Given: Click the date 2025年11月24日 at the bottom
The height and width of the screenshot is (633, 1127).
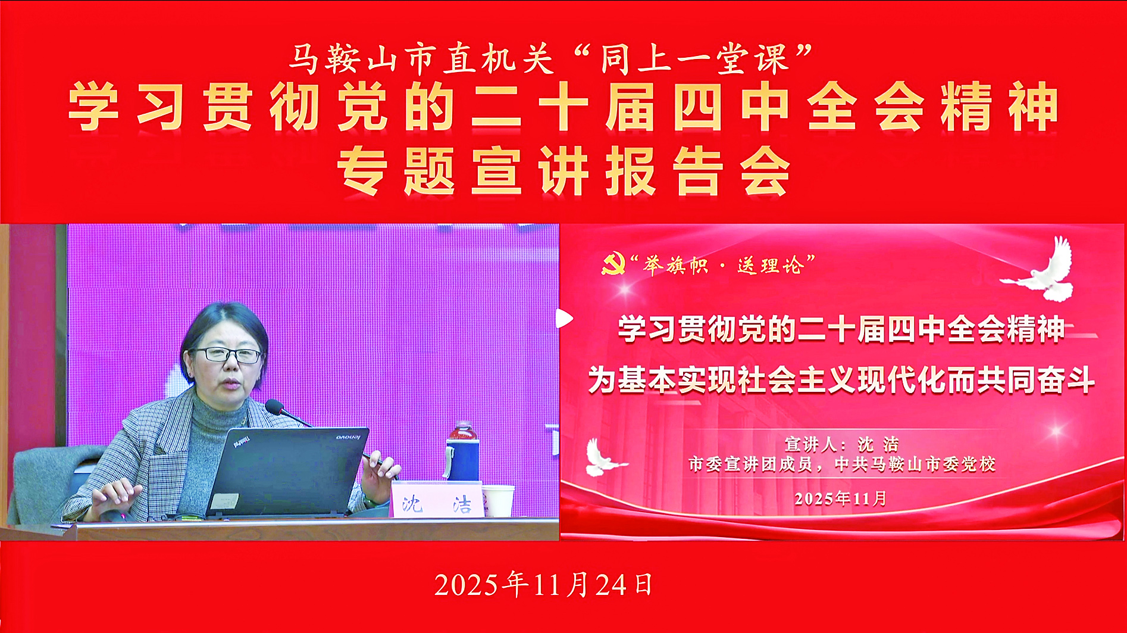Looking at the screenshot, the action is [x=544, y=585].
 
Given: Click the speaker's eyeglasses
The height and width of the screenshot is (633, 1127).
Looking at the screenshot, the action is [x=228, y=356].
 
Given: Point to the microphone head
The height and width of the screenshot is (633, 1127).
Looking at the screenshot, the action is [x=274, y=408].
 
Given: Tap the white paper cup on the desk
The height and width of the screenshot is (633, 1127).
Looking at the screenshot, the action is [x=497, y=501].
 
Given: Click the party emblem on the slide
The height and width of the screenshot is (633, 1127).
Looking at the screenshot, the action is [x=613, y=264].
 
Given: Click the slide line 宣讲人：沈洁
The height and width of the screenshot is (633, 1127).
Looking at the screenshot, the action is [x=841, y=444].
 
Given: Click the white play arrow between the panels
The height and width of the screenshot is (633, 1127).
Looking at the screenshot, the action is [x=563, y=319].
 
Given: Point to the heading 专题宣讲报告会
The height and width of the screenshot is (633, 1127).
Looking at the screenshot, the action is [x=563, y=171].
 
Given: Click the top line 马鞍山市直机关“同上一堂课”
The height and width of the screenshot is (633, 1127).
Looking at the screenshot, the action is [x=550, y=60].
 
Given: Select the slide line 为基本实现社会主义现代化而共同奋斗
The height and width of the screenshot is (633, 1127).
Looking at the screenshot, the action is [x=841, y=380].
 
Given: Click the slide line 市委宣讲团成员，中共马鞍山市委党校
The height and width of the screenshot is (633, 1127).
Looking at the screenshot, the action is [x=841, y=464].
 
